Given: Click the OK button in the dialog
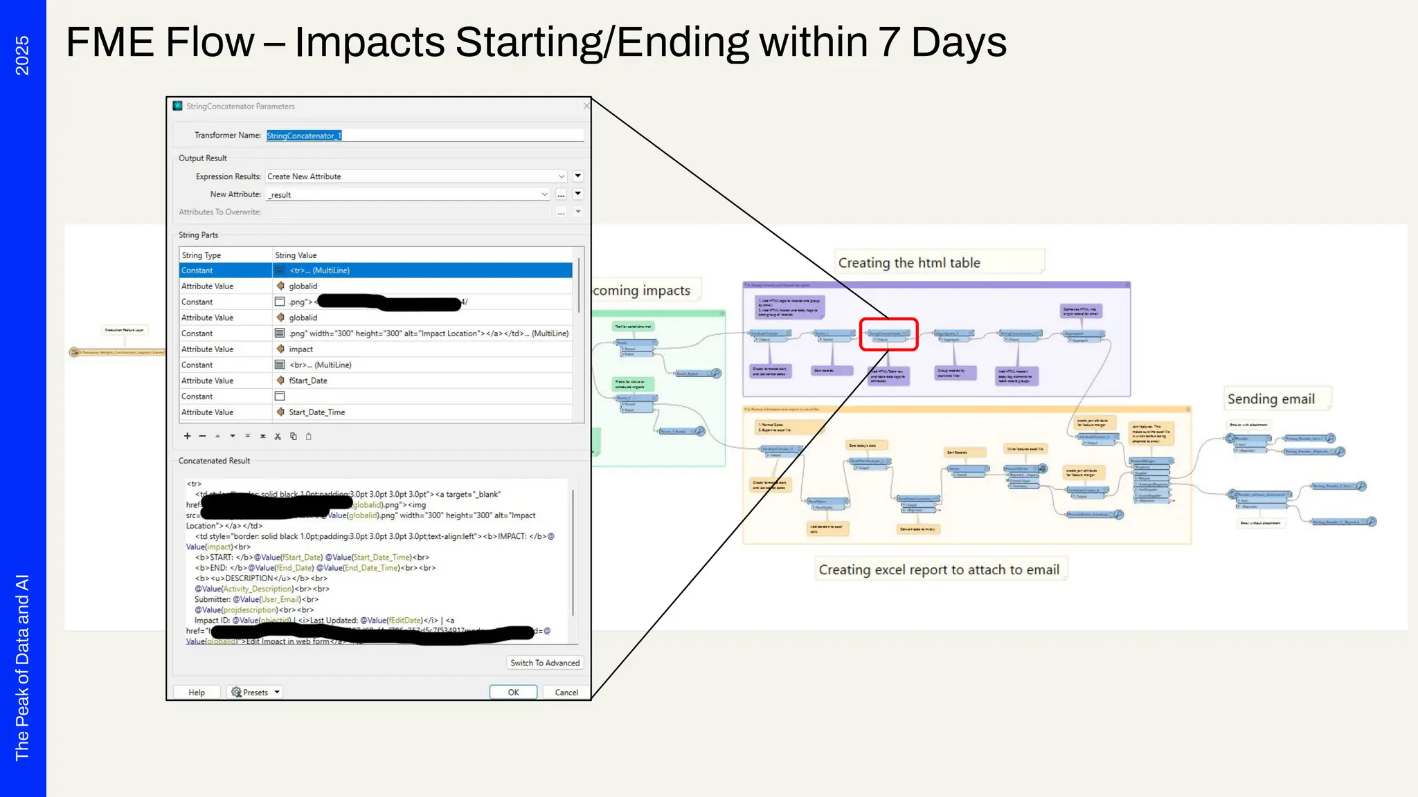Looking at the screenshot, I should [513, 692].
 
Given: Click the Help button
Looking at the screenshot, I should [197, 692].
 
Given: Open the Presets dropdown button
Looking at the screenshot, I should [255, 692].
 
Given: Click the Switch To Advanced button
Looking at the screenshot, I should [545, 663].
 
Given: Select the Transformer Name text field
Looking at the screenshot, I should [424, 136].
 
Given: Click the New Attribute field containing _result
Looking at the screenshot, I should [406, 194].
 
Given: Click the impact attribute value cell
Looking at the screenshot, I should [301, 349].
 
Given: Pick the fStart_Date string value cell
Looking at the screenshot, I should [308, 381].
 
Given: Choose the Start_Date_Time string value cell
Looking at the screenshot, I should [316, 412].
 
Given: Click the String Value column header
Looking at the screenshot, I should [296, 255].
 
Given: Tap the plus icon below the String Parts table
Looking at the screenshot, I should [187, 436].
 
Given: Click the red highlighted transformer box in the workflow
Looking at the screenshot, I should [888, 334].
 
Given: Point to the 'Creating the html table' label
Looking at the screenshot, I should [909, 263].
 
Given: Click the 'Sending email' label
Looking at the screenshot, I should [1271, 399].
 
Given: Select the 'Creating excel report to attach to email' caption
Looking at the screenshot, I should [939, 569].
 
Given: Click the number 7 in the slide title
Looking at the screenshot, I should [889, 42].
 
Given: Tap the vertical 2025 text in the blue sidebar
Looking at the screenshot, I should [22, 55].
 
